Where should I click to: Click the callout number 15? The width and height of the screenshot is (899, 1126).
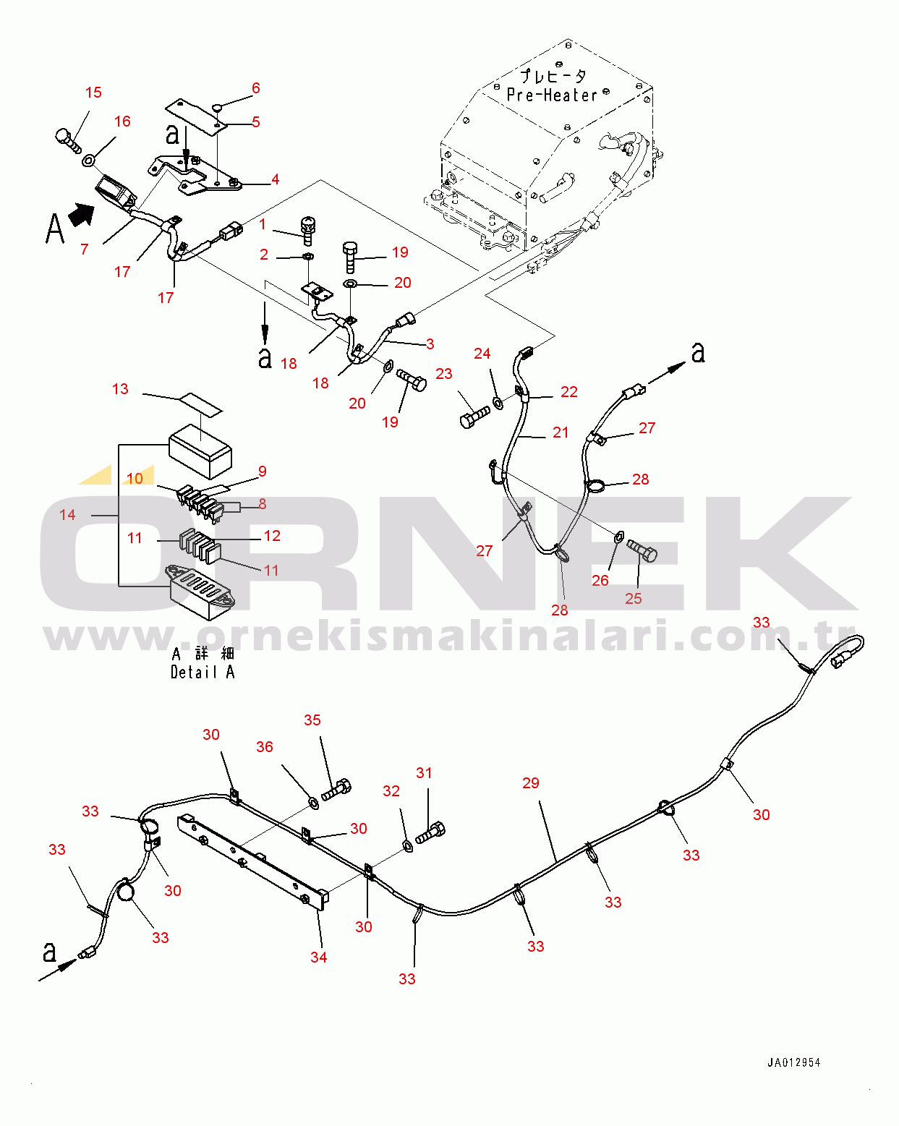93,93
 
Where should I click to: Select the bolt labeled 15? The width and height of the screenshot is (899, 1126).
67,138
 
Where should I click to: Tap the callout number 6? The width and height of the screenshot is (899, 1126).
255,88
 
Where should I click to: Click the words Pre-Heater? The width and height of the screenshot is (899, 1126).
552,95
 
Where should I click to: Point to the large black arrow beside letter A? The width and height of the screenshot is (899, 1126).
82,214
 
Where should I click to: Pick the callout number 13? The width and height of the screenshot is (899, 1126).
120,389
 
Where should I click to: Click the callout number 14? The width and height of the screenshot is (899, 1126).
67,515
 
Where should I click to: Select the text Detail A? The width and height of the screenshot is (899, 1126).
203,673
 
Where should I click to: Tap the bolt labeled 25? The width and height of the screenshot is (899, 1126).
642,550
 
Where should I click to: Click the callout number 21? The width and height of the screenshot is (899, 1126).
561,432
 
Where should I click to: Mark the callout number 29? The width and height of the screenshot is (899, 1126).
531,783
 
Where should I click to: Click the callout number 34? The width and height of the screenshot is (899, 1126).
319,957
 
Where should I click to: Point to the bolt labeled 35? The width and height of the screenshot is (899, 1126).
336,789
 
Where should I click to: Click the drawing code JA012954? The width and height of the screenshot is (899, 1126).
793,1062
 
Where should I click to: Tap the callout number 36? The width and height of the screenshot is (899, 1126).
265,747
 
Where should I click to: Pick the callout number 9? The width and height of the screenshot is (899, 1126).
263,472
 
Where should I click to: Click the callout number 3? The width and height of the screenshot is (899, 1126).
430,344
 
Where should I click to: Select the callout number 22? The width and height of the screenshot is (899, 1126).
569,392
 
